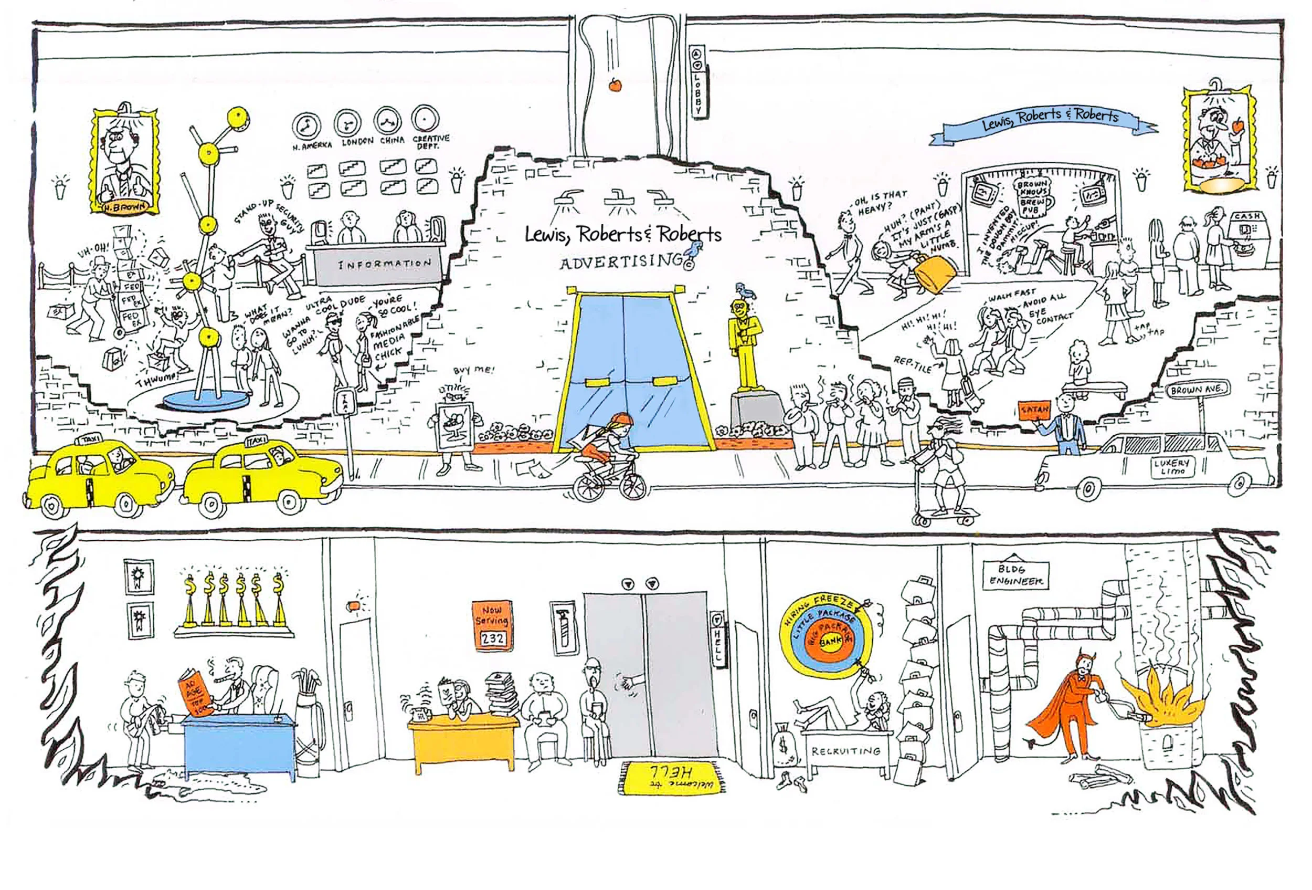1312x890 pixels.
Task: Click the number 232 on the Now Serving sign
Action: (x=492, y=638)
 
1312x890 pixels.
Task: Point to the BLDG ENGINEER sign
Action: (x=1015, y=574)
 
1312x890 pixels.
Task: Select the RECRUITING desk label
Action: (x=845, y=751)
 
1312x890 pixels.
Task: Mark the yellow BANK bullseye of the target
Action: (x=829, y=642)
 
